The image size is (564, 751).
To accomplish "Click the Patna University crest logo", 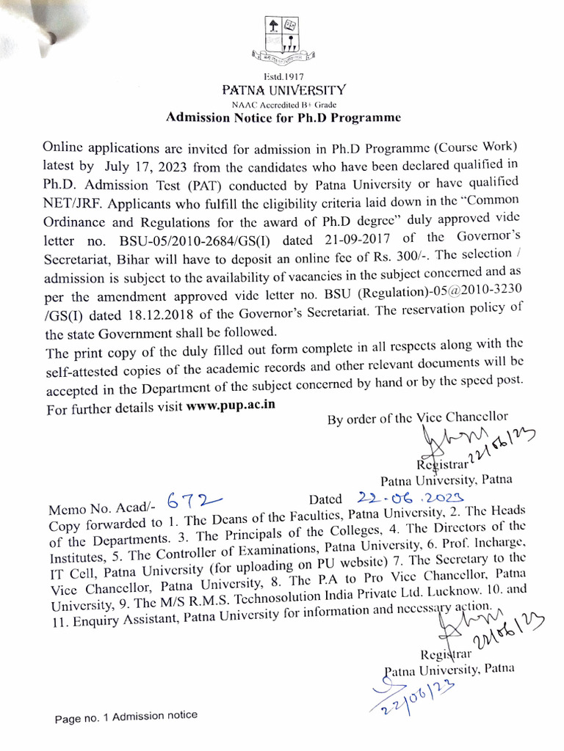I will (283, 40).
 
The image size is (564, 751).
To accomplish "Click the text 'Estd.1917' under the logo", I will (283, 76).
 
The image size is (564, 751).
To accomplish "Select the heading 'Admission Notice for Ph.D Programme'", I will (283, 116).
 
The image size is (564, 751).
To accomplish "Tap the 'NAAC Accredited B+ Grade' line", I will (283, 104).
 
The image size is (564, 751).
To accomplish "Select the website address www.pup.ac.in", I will (231, 406).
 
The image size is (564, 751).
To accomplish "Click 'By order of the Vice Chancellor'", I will (416, 419).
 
